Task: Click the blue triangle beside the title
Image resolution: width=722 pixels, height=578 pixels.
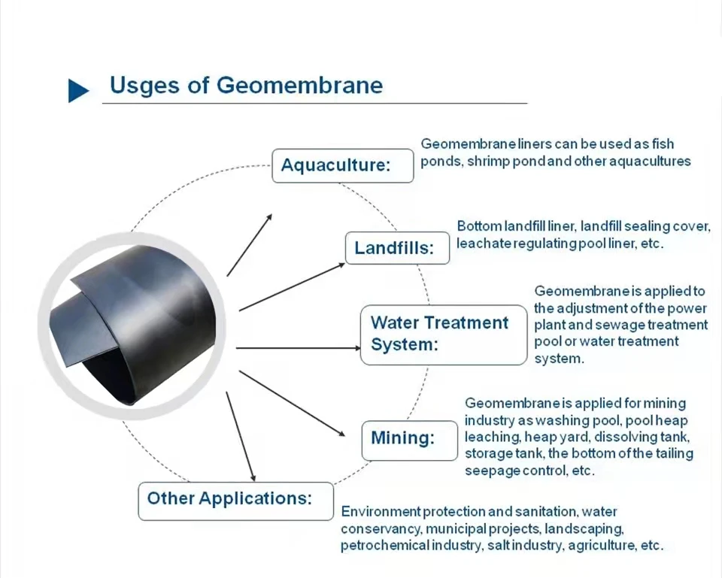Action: (x=77, y=90)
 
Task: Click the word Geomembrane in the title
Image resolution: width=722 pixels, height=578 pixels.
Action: (x=299, y=85)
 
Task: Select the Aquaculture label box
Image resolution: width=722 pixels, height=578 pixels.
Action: (x=343, y=165)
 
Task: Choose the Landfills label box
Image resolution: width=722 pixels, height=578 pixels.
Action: (x=397, y=248)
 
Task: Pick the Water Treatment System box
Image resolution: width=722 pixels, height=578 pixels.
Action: (x=444, y=334)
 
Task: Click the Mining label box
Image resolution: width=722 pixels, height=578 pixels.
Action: (x=410, y=440)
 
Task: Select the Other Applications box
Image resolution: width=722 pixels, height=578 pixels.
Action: (x=235, y=501)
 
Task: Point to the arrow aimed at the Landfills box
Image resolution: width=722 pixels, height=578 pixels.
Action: (x=292, y=286)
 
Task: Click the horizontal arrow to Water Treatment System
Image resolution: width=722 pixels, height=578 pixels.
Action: (x=299, y=348)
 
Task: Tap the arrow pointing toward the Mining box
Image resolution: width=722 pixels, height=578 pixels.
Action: (x=292, y=403)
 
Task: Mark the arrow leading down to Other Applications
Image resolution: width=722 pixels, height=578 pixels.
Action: (x=241, y=437)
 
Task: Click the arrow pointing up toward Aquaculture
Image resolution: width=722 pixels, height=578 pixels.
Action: (x=250, y=245)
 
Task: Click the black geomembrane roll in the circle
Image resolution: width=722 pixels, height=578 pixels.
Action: (x=132, y=325)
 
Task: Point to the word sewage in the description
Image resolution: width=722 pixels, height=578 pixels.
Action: (x=623, y=325)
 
